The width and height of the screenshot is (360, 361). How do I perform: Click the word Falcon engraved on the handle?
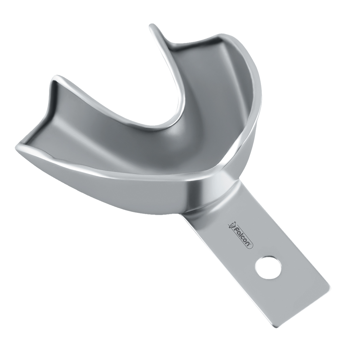[241, 236]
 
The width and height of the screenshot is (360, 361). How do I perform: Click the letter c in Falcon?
[243, 237]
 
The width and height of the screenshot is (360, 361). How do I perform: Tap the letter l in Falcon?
[240, 235]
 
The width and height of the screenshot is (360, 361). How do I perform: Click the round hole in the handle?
[268, 267]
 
